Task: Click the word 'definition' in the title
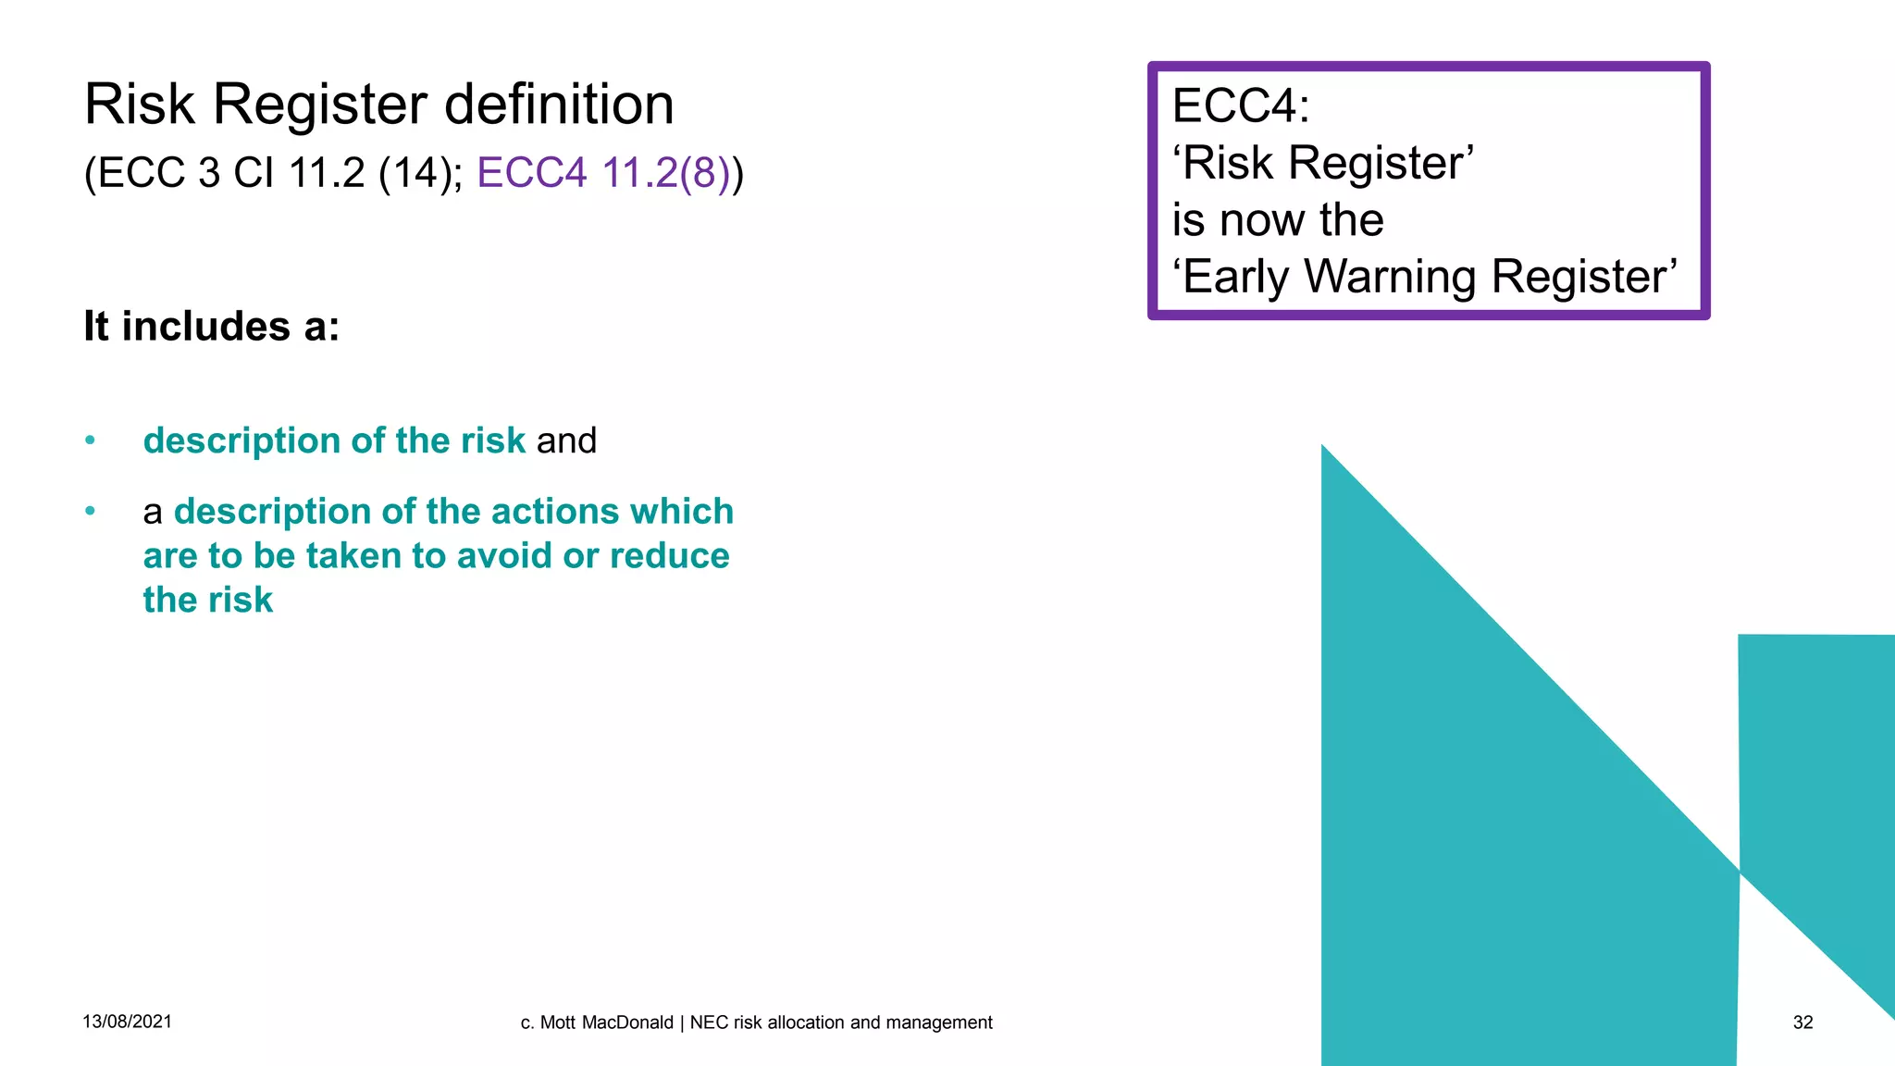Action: coord(559,104)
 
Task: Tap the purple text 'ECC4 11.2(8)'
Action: coord(603,173)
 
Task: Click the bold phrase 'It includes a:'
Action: coord(212,327)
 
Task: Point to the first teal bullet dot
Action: coord(90,440)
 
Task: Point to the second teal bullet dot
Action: coord(90,511)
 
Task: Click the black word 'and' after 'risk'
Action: coord(566,440)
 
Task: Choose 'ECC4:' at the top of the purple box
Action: coord(1241,105)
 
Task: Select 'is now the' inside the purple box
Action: coord(1278,220)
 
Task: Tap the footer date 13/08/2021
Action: coord(127,1022)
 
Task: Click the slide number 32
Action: coord(1802,1023)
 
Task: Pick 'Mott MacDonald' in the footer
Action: coord(606,1023)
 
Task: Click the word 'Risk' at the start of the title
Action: coord(140,104)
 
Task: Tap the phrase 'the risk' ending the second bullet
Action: coord(208,601)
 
